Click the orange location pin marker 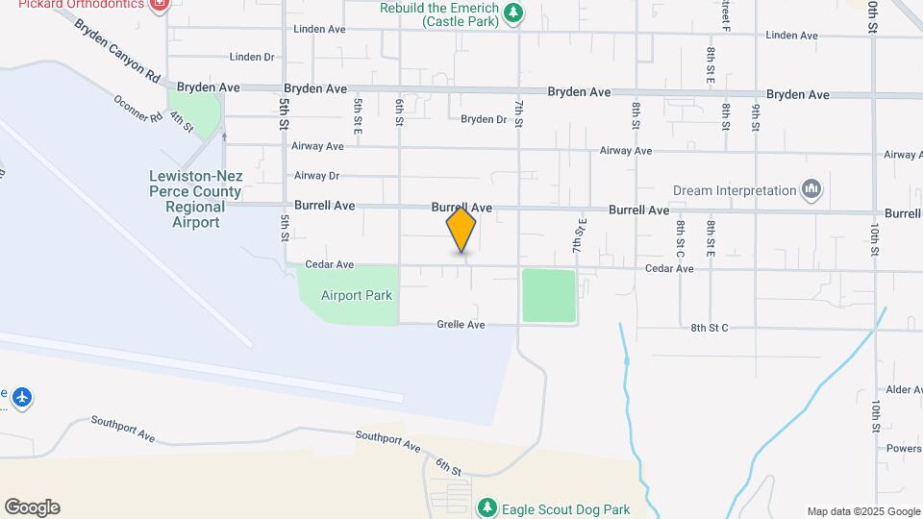[461, 231]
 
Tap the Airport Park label [357, 296]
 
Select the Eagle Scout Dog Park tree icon [487, 507]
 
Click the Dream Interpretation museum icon [811, 190]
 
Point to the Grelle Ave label [462, 325]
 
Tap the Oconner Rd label [138, 109]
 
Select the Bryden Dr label [483, 120]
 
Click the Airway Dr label [317, 176]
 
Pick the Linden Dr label [253, 58]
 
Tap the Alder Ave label [904, 389]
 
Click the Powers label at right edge [904, 448]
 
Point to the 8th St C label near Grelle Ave [710, 329]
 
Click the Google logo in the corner [32, 507]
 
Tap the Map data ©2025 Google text [862, 511]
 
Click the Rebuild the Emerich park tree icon [514, 12]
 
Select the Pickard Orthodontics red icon [160, 4]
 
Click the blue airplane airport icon [21, 396]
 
